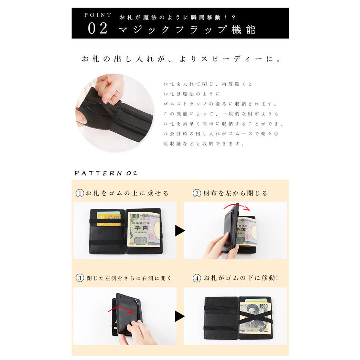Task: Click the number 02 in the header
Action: click(x=98, y=28)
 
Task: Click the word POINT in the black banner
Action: click(x=98, y=15)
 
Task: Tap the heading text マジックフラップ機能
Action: click(x=187, y=30)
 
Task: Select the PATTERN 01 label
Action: click(x=106, y=173)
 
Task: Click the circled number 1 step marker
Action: click(x=80, y=193)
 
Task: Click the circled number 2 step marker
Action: click(x=197, y=193)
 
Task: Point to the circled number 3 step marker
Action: click(x=80, y=278)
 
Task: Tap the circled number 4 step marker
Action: click(x=197, y=278)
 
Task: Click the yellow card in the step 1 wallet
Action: click(x=108, y=218)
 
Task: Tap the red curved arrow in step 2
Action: click(x=237, y=206)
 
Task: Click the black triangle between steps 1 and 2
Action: click(x=180, y=230)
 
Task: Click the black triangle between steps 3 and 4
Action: click(x=180, y=316)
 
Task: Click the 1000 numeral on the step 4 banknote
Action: click(x=263, y=306)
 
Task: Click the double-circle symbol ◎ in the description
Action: click(x=276, y=134)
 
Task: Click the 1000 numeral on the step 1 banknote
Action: click(x=134, y=216)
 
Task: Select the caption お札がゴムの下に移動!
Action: click(x=241, y=278)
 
